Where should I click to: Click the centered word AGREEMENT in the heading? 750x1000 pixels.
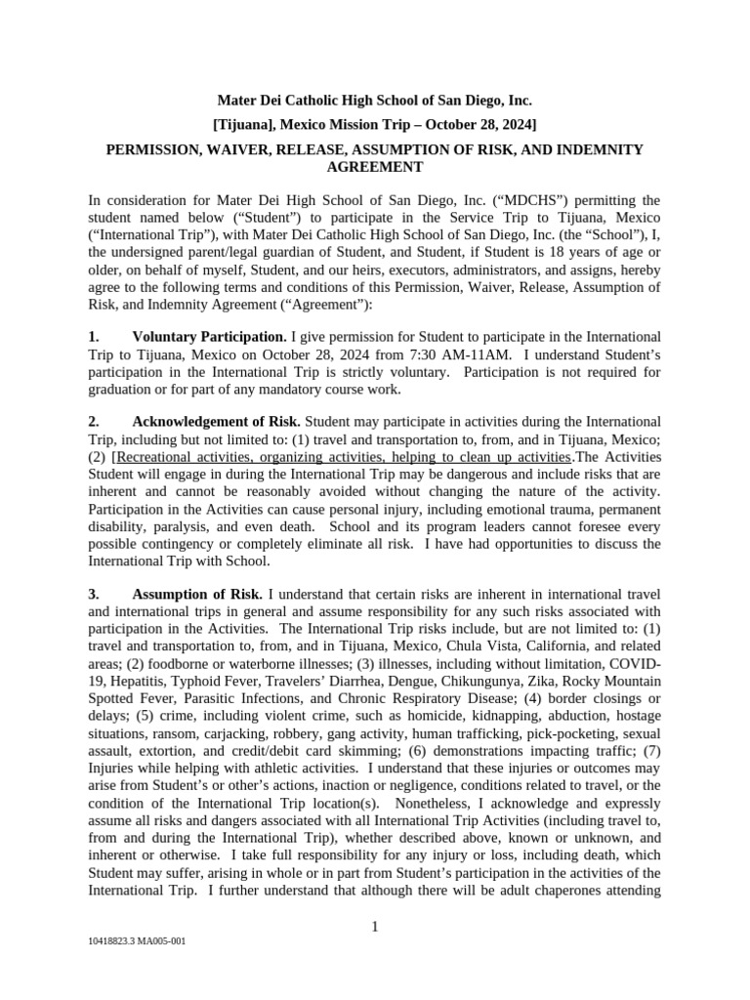(374, 168)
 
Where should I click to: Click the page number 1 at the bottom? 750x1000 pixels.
(375, 927)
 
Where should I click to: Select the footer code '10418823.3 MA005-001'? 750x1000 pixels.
(137, 942)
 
